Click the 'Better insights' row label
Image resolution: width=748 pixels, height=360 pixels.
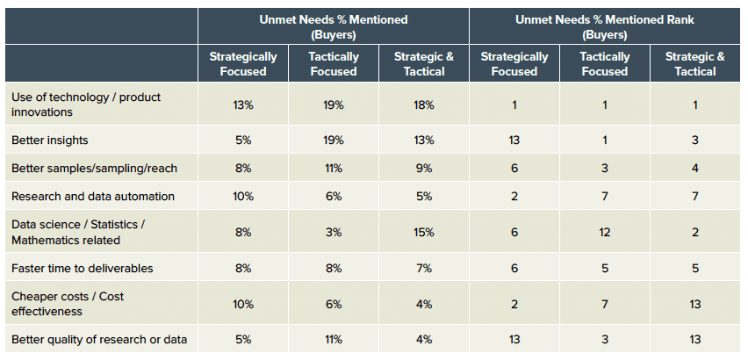tap(49, 140)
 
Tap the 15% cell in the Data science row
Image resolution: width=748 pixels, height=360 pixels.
tap(424, 233)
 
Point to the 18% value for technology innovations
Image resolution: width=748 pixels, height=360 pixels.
tap(424, 104)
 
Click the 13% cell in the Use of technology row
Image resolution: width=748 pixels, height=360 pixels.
tap(242, 104)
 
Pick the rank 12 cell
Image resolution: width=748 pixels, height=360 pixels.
tap(605, 233)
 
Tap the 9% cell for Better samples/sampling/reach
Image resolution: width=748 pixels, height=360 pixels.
tap(424, 168)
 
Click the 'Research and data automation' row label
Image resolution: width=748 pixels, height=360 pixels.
tap(93, 196)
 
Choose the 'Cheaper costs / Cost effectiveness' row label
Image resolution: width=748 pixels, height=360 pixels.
tap(67, 304)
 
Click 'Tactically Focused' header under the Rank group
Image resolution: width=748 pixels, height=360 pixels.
tap(605, 63)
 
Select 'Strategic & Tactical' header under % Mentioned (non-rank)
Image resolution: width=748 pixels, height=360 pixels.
tap(424, 63)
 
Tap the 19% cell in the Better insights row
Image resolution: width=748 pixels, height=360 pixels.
tap(334, 140)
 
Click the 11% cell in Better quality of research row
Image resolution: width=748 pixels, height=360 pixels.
tap(334, 340)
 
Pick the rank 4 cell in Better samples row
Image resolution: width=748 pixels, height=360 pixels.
tap(695, 168)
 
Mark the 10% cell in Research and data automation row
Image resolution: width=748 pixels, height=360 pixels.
tap(242, 196)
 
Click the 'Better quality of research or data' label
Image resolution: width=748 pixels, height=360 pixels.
tap(98, 340)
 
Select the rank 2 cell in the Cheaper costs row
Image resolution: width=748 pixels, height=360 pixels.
tap(514, 304)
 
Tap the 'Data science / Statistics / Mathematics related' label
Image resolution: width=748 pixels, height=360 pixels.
tap(77, 232)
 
